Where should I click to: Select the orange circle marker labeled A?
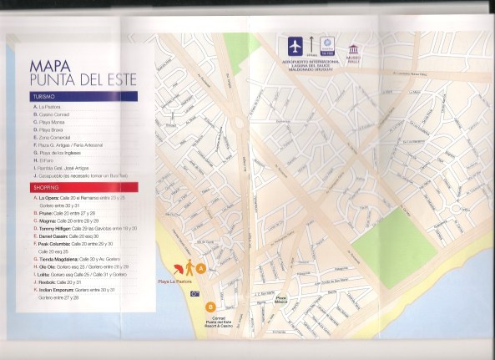tap(200, 267)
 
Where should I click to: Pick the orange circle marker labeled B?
tap(210, 307)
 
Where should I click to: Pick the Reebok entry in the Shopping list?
tap(50, 281)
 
